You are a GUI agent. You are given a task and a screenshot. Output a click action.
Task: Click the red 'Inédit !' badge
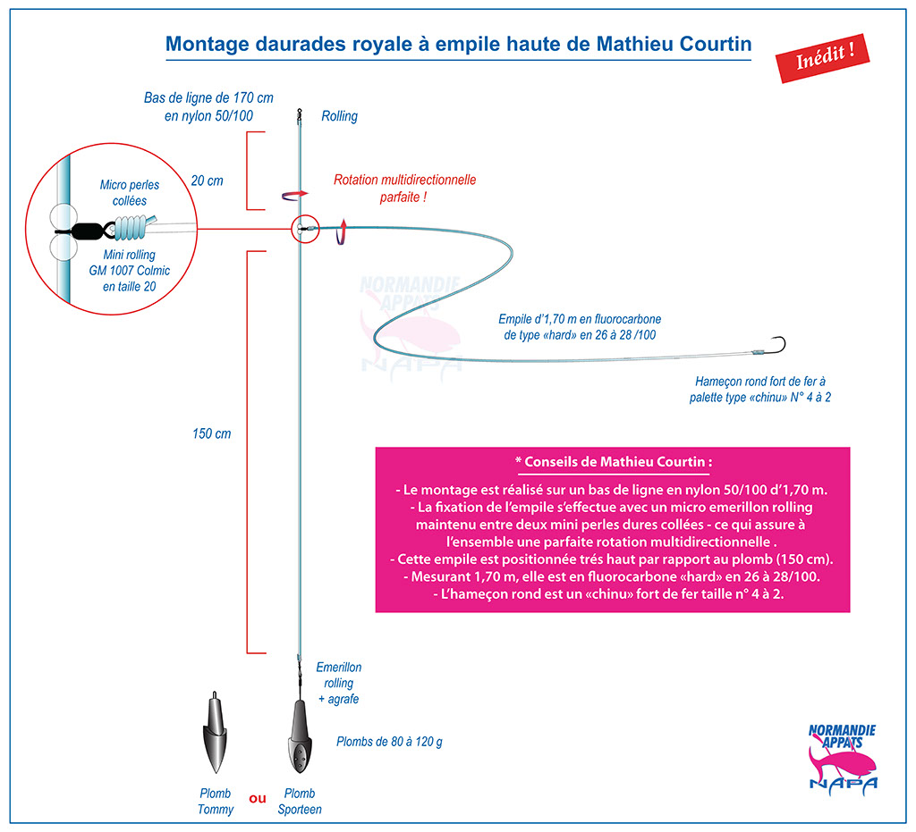coord(822,58)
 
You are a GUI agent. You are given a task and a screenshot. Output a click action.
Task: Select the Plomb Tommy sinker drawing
coord(215,733)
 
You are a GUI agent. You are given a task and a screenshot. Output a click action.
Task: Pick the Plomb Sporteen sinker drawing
coord(299,736)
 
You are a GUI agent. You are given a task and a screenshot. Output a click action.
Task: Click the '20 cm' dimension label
coord(207,181)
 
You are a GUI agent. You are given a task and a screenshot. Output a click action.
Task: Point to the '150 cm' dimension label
coord(211,433)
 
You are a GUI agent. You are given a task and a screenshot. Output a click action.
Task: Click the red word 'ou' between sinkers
coord(258,798)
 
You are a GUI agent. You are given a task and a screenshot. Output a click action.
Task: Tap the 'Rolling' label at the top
coord(339,116)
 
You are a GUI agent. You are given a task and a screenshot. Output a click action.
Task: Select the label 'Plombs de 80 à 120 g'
coord(389,742)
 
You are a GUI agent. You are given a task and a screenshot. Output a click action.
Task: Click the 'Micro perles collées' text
coord(130,192)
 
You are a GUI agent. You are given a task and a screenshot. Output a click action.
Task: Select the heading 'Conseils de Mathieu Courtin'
coord(614,462)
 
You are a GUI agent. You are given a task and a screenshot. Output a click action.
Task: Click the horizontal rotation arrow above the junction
coord(294,195)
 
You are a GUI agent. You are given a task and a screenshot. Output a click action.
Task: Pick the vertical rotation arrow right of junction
coord(342,231)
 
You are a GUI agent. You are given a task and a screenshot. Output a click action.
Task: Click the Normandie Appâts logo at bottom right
coord(843,756)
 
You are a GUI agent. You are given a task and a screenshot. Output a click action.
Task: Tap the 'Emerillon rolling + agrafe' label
coord(339,683)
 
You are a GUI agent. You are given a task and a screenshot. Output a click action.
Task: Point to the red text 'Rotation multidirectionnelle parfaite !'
coord(404,188)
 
